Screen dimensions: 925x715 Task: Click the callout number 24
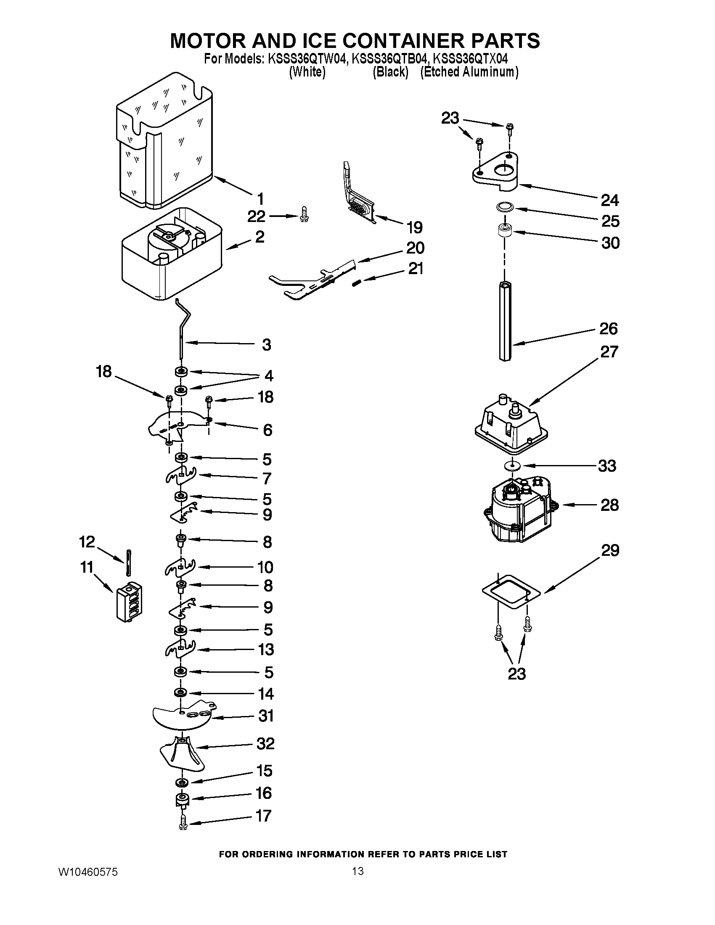click(x=610, y=200)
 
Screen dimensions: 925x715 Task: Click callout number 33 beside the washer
click(x=607, y=466)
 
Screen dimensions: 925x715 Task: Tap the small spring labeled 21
click(x=357, y=283)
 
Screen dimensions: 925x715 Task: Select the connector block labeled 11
click(x=129, y=601)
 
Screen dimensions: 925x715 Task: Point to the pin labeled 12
click(x=127, y=563)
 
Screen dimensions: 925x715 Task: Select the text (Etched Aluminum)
click(x=469, y=72)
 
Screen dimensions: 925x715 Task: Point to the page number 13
click(x=357, y=871)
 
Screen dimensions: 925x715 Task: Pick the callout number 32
click(x=265, y=743)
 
